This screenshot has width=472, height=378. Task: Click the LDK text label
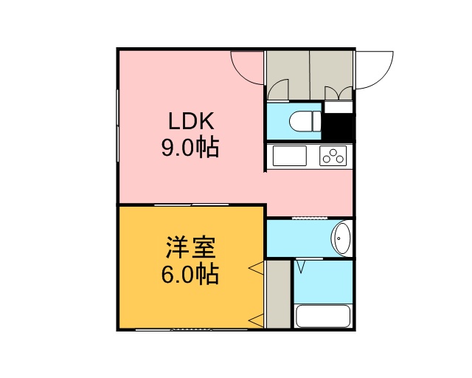click(191, 121)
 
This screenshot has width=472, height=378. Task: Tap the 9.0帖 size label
click(190, 148)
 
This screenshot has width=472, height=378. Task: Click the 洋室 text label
click(191, 248)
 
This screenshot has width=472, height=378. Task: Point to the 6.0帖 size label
click(190, 275)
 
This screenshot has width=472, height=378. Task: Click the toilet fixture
click(305, 122)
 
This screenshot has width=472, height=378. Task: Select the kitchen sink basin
click(290, 156)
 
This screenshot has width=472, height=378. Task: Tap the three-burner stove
click(333, 156)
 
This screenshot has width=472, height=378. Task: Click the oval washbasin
click(341, 238)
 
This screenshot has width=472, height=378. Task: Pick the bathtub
click(323, 315)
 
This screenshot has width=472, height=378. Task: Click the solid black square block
click(338, 127)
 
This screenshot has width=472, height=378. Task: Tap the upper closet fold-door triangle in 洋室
click(256, 268)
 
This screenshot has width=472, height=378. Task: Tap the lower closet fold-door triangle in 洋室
click(256, 320)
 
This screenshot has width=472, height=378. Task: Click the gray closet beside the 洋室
click(279, 294)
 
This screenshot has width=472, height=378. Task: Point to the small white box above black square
click(339, 107)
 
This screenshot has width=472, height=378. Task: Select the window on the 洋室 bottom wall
click(192, 329)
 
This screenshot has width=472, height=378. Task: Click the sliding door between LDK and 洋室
click(192, 205)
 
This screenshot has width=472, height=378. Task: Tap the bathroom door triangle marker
click(301, 267)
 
